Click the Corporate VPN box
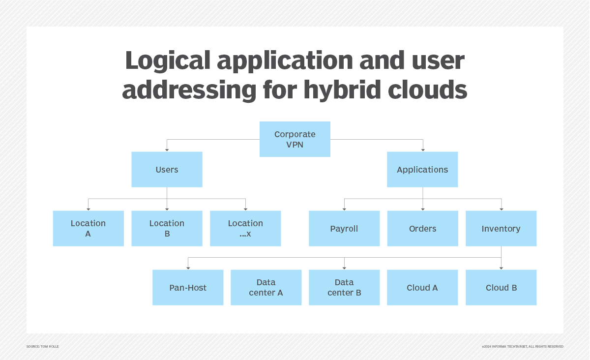[295, 139]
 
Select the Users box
[167, 169]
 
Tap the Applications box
[422, 169]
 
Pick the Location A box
[88, 228]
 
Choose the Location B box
[167, 228]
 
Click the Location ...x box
[245, 228]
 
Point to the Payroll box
[344, 228]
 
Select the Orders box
[422, 228]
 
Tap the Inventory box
[501, 228]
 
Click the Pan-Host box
[188, 287]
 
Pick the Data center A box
[266, 287]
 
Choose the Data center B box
[344, 287]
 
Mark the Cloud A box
[422, 287]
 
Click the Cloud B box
[501, 287]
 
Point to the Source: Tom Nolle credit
[42, 347]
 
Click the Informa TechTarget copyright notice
[522, 347]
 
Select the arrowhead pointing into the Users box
[167, 149]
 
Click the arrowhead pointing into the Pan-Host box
[188, 267]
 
